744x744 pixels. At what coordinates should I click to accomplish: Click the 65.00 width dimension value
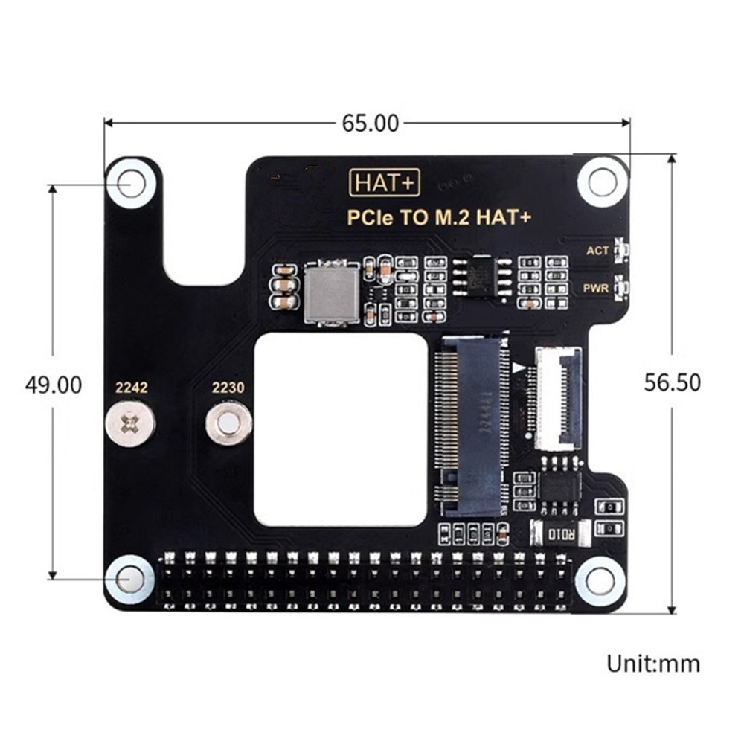pyautogui.click(x=370, y=123)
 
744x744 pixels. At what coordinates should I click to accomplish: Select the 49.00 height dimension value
pyautogui.click(x=53, y=385)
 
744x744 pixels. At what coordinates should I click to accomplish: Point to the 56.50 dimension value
pyautogui.click(x=672, y=382)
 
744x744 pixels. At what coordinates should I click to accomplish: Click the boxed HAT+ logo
pyautogui.click(x=385, y=183)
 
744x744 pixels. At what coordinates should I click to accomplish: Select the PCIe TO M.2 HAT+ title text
pyautogui.click(x=440, y=218)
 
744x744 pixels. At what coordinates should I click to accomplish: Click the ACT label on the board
pyautogui.click(x=597, y=251)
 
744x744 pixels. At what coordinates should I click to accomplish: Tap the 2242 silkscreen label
pyautogui.click(x=131, y=388)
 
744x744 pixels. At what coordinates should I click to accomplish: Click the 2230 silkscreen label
pyautogui.click(x=228, y=388)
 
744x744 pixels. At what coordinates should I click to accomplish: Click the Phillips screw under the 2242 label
pyautogui.click(x=131, y=424)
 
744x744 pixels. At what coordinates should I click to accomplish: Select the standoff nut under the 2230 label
pyautogui.click(x=228, y=424)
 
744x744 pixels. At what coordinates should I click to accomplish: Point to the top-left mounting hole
pyautogui.click(x=131, y=182)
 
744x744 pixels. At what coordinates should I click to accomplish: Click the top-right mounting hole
pyautogui.click(x=602, y=182)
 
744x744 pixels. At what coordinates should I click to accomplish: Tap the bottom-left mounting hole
pyautogui.click(x=130, y=580)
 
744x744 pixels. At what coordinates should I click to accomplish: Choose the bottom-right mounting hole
pyautogui.click(x=600, y=580)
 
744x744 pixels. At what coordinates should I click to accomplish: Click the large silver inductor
pyautogui.click(x=332, y=294)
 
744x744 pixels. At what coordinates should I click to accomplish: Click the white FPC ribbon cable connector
pyautogui.click(x=558, y=400)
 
